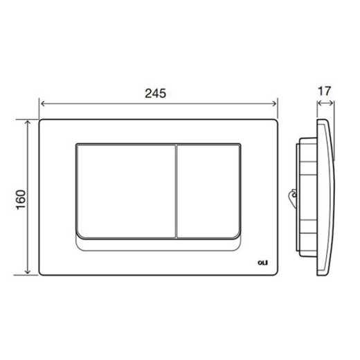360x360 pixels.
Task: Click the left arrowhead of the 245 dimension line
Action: coord(44,103)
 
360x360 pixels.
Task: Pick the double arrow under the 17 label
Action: coord(326,104)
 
